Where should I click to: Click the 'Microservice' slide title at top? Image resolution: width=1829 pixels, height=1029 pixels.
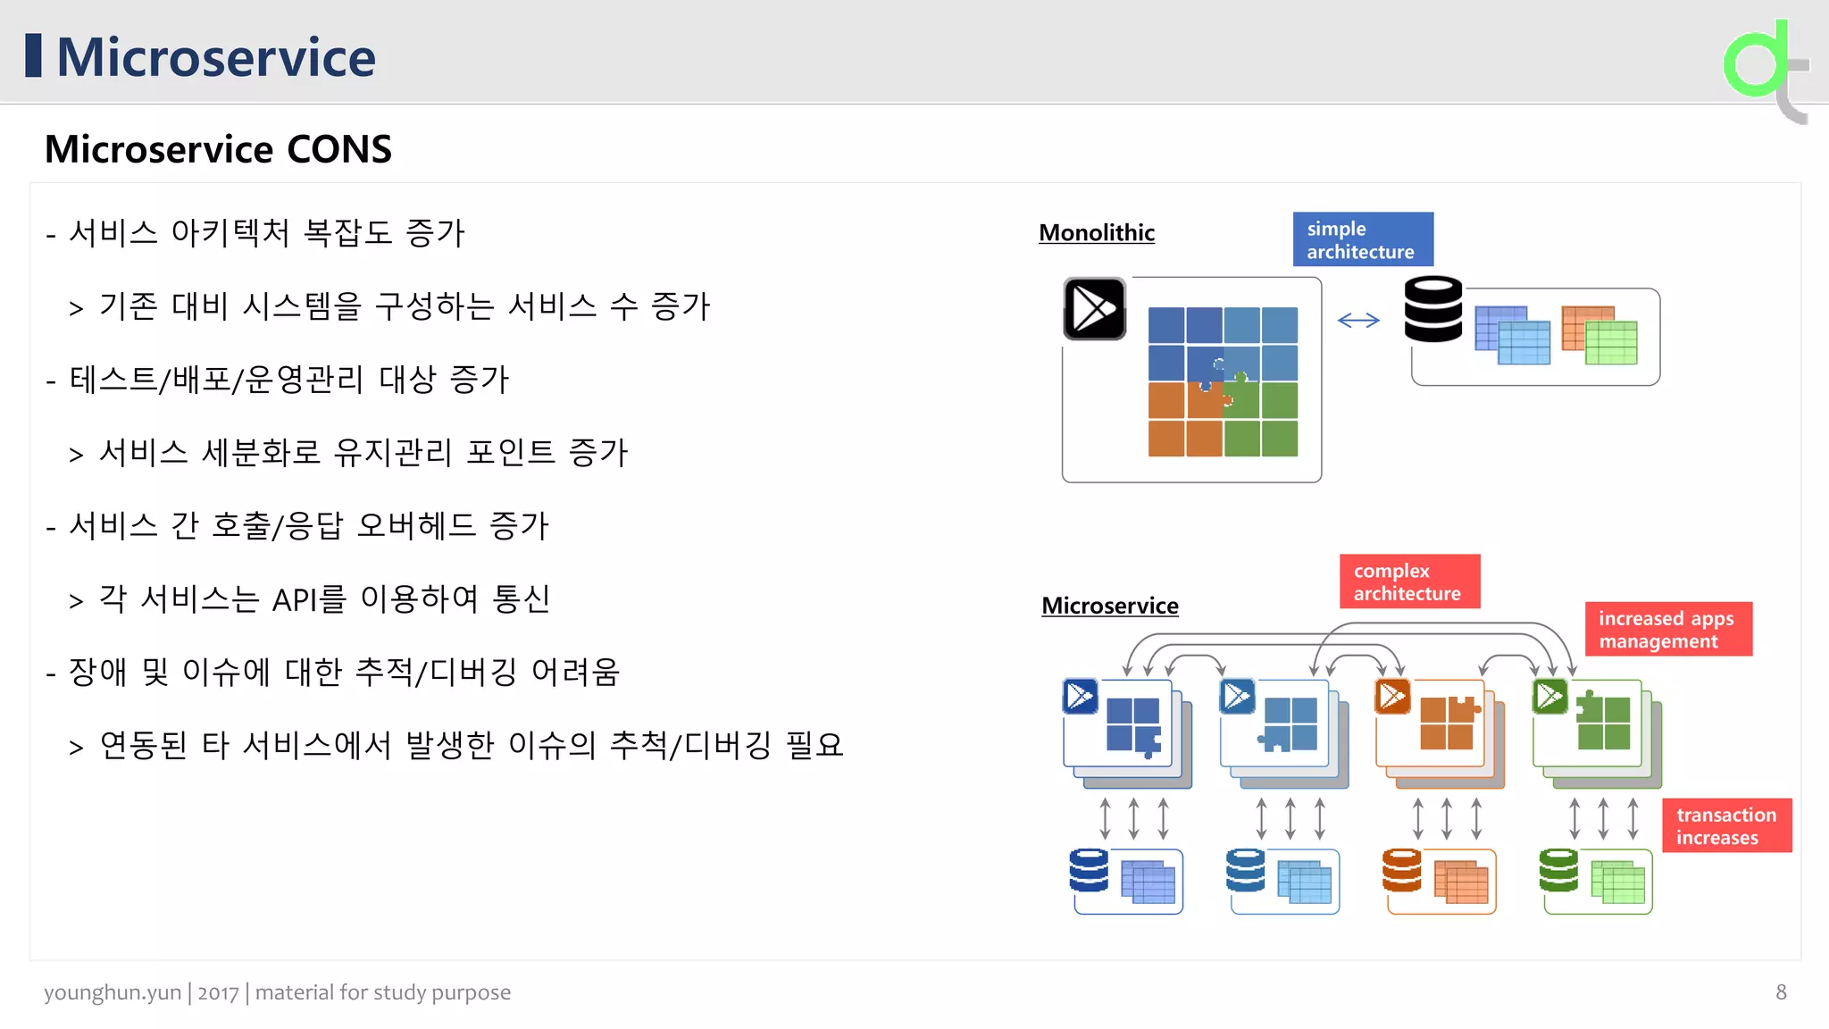215,57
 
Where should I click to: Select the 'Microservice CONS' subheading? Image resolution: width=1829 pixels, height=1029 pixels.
218,149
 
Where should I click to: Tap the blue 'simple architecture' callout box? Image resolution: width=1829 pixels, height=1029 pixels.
1363,239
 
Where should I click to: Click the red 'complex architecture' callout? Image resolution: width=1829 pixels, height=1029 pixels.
1409,581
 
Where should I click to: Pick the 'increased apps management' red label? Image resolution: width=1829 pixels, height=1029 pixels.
1668,630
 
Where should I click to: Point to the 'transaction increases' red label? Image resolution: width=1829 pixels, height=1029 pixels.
1726,826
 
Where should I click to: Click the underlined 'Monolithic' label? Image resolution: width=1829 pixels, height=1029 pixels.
1097,233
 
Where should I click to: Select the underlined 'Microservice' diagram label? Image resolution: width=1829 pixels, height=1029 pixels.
1110,606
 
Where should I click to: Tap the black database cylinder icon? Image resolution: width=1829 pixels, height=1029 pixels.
1433,309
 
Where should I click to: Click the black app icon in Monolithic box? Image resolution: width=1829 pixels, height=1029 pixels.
1095,309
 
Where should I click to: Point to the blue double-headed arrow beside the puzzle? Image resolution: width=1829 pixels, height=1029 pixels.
1358,321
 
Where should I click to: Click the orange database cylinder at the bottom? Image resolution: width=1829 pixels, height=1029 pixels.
1401,870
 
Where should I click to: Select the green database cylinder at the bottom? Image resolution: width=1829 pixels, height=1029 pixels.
1558,870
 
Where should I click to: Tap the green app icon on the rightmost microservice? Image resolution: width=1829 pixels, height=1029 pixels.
1550,697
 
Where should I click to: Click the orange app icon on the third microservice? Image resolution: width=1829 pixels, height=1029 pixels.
1393,697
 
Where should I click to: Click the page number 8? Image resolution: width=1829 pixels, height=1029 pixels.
1781,992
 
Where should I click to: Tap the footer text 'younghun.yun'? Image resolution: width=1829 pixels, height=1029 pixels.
113,992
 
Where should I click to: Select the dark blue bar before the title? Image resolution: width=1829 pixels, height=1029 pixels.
34,55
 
